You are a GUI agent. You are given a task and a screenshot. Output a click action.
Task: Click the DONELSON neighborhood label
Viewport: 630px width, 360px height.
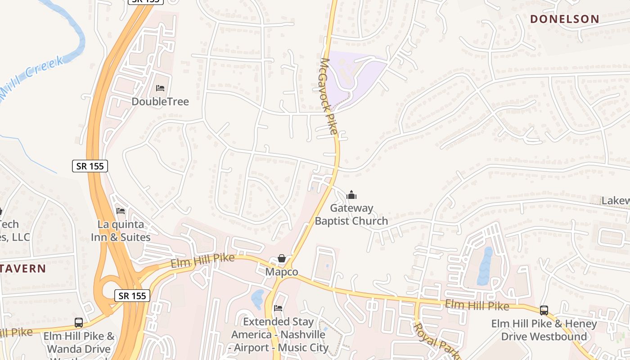point(564,19)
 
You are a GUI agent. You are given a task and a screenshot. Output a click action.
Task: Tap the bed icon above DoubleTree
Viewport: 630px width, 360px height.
point(160,88)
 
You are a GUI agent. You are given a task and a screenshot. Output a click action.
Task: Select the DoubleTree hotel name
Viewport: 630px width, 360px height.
point(160,101)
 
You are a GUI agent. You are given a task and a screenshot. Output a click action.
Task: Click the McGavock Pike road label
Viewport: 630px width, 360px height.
point(329,96)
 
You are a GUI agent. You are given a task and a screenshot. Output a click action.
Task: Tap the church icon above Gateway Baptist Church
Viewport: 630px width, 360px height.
point(351,195)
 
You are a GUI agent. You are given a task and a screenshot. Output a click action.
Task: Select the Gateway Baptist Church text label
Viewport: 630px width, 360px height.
point(351,215)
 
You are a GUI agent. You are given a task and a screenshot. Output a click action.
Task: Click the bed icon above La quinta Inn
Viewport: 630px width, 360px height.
point(121,211)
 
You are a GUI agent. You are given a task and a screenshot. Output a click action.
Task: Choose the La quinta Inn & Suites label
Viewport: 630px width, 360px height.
point(121,230)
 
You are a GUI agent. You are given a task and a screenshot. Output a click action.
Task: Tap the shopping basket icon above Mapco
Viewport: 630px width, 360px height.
point(282,258)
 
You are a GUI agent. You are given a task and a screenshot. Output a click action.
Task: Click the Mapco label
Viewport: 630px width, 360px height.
point(282,272)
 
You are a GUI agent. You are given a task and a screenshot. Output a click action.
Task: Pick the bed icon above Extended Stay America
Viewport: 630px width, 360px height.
point(278,308)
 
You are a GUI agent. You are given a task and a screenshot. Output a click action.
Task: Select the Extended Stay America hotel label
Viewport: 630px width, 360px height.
point(278,335)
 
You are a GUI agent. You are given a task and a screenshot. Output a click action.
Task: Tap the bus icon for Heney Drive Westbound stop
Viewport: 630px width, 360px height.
point(544,310)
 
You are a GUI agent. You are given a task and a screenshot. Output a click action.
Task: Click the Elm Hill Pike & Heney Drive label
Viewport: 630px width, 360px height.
point(544,330)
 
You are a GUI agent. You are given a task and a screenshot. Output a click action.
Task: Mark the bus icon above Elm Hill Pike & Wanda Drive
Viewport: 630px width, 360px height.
point(79,322)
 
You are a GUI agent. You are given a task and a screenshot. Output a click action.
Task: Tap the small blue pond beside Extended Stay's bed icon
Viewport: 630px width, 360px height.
point(258,299)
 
